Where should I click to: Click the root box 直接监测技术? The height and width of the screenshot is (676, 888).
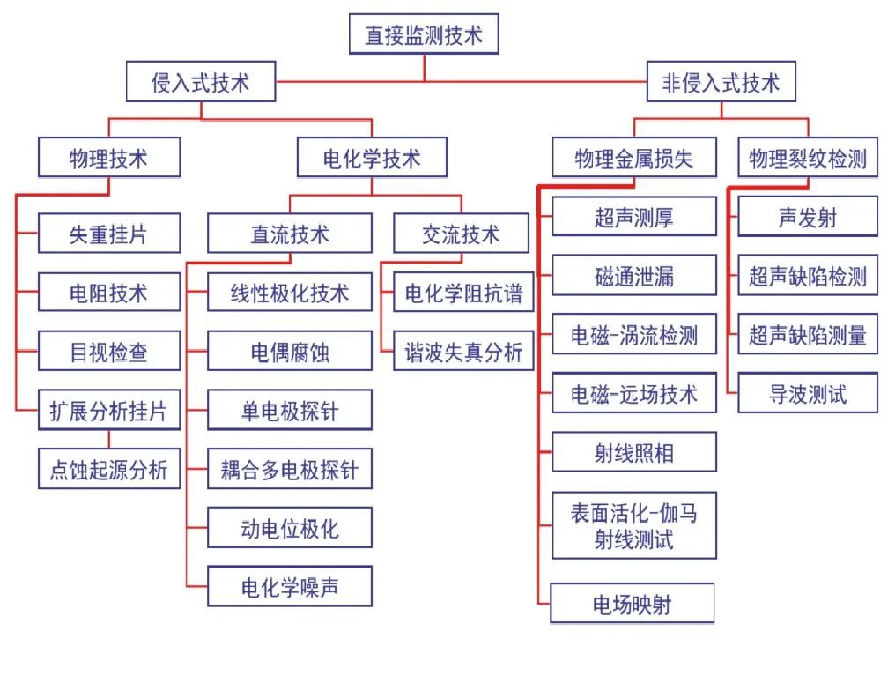click(424, 36)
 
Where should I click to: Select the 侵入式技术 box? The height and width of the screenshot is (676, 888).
click(201, 84)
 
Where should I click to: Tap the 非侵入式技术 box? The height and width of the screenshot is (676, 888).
click(721, 84)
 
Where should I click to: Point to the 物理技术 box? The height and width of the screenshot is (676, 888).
click(109, 159)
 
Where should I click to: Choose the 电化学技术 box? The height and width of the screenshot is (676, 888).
click(371, 159)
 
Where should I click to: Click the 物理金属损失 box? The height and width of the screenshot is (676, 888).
click(633, 159)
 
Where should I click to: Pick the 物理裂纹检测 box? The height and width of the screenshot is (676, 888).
click(807, 159)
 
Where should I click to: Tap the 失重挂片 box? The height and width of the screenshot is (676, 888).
click(109, 234)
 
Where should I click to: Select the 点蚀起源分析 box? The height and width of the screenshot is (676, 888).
click(109, 470)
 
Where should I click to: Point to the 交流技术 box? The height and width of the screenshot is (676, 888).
click(461, 234)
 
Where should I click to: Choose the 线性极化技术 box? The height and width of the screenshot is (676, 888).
click(289, 293)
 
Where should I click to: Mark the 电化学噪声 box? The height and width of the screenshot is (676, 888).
click(289, 587)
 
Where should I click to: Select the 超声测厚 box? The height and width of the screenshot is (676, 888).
click(633, 217)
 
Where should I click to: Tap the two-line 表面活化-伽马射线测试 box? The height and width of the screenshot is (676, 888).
click(633, 525)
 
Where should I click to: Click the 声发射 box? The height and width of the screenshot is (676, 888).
click(807, 217)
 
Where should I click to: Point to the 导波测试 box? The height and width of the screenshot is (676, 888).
click(807, 394)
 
